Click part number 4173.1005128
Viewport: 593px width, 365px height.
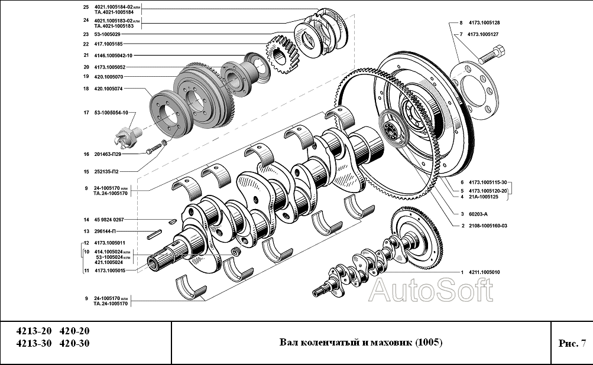coord(484,23)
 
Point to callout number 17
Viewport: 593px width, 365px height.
coord(86,113)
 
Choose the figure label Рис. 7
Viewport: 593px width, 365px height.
coord(571,343)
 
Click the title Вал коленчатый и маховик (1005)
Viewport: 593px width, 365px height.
coord(361,343)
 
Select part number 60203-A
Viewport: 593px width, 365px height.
coord(478,214)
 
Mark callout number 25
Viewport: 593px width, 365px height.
coord(86,8)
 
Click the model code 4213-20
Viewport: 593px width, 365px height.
coord(34,331)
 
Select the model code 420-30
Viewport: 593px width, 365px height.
coord(74,344)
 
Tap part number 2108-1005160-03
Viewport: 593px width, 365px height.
coord(488,226)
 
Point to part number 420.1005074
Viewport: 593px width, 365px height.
coord(108,89)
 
